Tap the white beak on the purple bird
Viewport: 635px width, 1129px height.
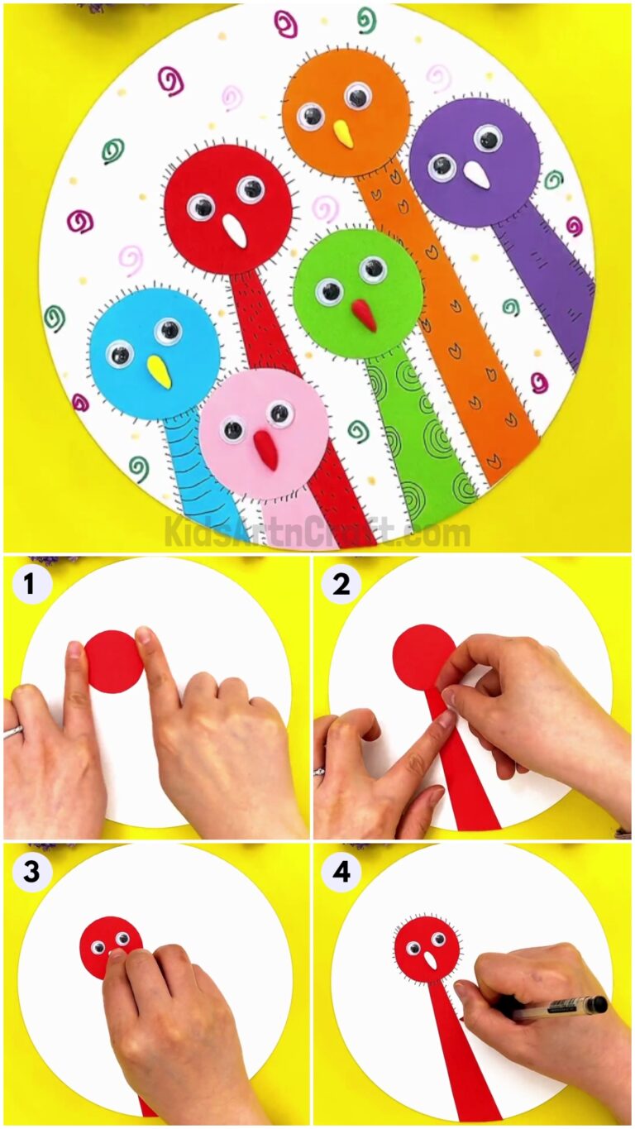475,174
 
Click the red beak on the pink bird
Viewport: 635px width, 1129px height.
265,449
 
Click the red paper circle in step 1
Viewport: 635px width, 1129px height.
113,661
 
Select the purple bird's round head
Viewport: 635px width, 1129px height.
474,162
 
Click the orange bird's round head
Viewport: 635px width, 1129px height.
346,112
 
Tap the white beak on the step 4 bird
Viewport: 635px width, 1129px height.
431,960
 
